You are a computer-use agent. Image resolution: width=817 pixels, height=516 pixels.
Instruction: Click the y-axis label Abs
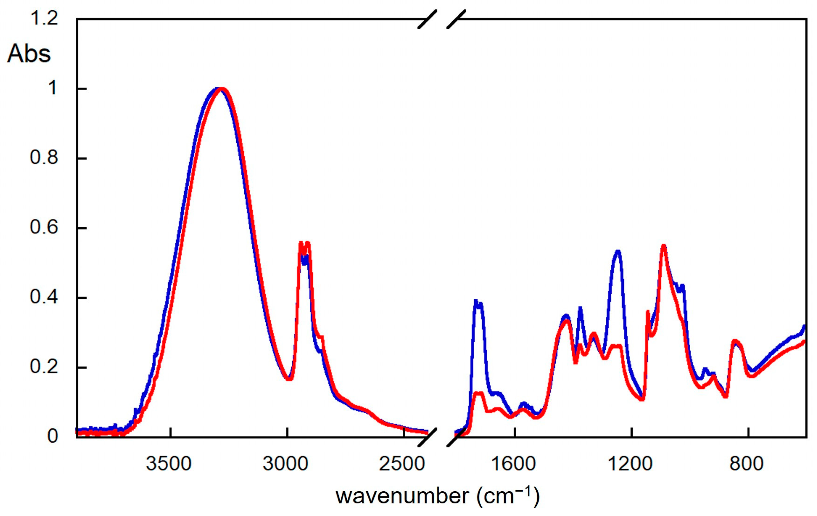click(x=29, y=54)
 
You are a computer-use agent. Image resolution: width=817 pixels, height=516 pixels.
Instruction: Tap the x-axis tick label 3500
click(x=169, y=464)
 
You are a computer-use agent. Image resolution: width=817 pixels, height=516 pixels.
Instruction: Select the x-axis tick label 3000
click(x=285, y=464)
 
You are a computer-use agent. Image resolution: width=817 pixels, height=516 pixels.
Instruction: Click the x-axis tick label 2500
click(x=402, y=464)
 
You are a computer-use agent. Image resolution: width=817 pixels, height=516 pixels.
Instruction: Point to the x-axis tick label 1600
click(x=513, y=464)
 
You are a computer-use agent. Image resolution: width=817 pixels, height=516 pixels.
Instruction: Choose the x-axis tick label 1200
click(x=630, y=464)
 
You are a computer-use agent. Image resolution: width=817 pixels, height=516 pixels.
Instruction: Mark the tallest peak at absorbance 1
click(x=220, y=89)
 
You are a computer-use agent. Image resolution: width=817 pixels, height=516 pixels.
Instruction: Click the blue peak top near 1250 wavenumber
click(x=617, y=252)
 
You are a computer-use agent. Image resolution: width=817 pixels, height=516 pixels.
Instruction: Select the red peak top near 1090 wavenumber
click(x=663, y=246)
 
